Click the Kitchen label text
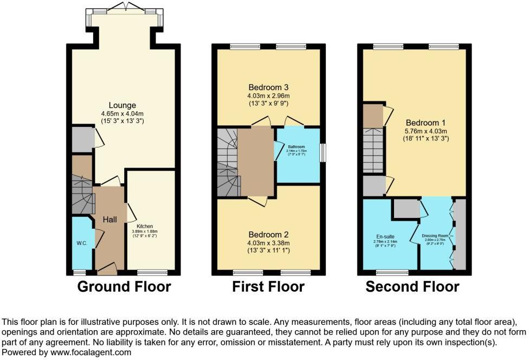(x=145, y=226)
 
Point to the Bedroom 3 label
(x=269, y=87)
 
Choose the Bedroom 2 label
(x=269, y=235)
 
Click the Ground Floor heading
(x=124, y=286)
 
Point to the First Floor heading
(x=268, y=286)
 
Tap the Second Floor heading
(x=412, y=286)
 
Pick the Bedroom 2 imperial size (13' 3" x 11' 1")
(x=269, y=251)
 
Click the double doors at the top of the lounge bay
(x=125, y=7)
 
